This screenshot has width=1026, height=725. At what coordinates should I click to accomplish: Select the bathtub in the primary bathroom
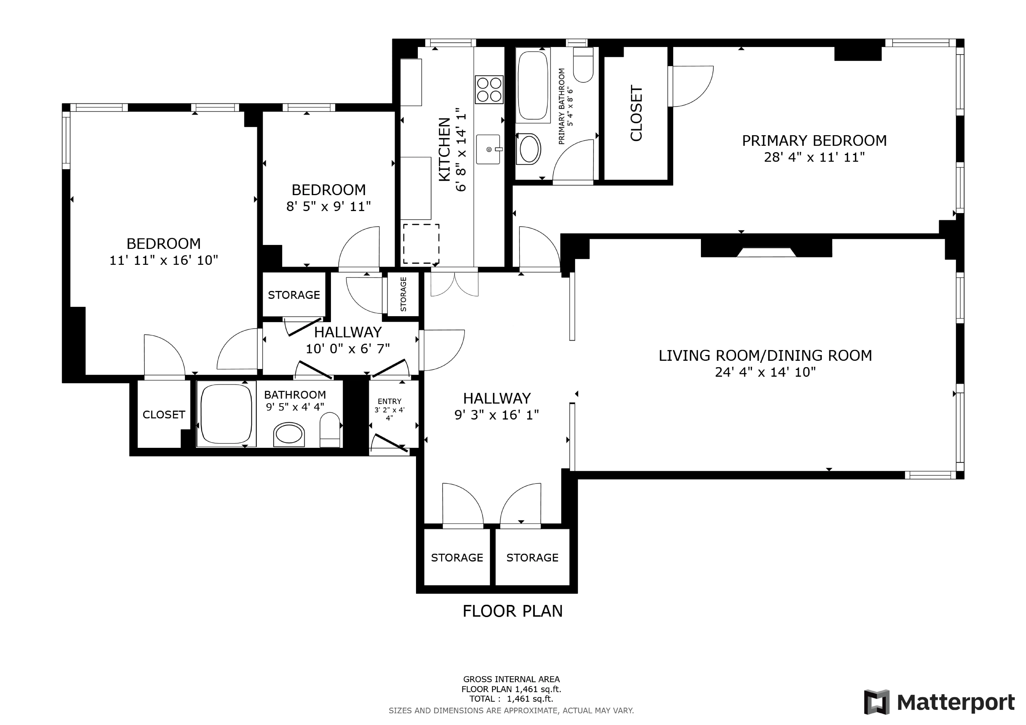[533, 86]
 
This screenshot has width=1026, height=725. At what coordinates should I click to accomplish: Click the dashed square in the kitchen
[421, 244]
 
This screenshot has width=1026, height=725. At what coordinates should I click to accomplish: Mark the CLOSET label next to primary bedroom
[636, 113]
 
